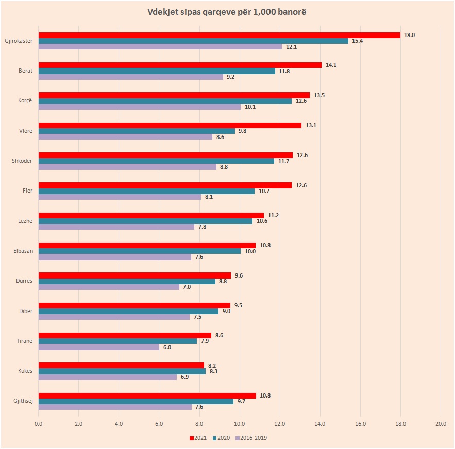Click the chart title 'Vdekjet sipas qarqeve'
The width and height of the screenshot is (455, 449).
[x=227, y=12]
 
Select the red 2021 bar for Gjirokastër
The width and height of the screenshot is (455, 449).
[x=219, y=35]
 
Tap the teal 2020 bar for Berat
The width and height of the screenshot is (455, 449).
[x=157, y=71]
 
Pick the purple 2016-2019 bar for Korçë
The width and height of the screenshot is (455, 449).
[x=139, y=107]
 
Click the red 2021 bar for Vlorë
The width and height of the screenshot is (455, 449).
[x=170, y=125]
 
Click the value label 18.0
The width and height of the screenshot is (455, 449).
[x=410, y=35]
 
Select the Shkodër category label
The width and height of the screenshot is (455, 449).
[x=22, y=161]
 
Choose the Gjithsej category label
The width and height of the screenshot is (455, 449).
[x=22, y=401]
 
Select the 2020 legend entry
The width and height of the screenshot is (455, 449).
[x=222, y=438]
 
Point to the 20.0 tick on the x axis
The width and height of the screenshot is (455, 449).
[x=441, y=424]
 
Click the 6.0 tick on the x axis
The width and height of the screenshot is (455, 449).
[x=159, y=424]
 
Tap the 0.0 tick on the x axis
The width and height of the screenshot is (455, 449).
[x=39, y=424]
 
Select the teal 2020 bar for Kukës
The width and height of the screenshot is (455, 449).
[x=122, y=371]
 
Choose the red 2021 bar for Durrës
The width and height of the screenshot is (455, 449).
[x=134, y=275]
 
